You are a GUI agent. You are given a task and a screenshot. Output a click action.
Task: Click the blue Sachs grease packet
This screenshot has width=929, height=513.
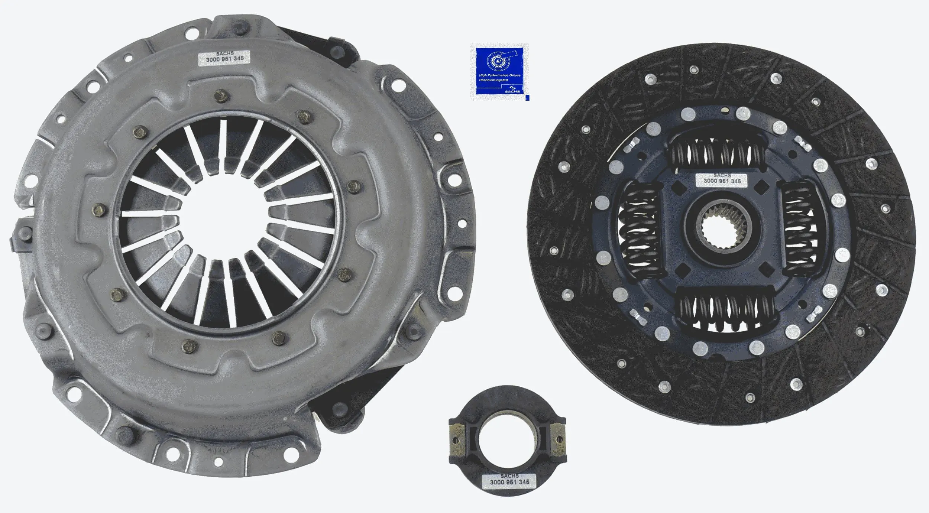(499, 72)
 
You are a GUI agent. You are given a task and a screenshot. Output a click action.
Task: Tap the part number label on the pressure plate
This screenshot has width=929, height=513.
(225, 58)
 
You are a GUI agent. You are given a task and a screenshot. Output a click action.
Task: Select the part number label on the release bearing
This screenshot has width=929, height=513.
(509, 482)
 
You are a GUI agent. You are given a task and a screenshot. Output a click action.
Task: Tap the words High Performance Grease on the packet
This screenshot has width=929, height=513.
(499, 75)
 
